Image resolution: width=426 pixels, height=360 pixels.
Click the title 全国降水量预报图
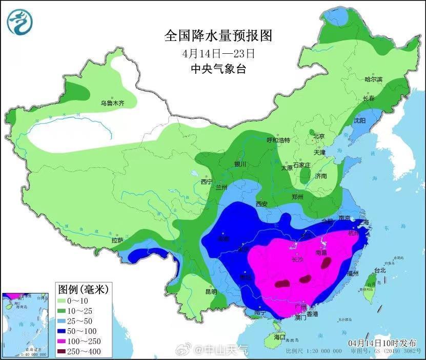217,35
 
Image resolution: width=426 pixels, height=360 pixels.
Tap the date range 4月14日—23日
218,53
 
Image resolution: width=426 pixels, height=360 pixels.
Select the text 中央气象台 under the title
218,69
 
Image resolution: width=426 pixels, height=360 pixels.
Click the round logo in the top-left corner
19,21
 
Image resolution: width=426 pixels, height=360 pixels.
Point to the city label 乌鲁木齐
112,103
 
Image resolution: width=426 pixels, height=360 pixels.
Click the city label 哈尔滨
373,79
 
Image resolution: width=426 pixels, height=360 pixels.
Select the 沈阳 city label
360,121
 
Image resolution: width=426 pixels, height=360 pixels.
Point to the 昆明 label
211,291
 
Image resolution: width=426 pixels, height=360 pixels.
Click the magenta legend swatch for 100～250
65,341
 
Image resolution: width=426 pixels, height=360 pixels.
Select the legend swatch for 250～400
65,351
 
